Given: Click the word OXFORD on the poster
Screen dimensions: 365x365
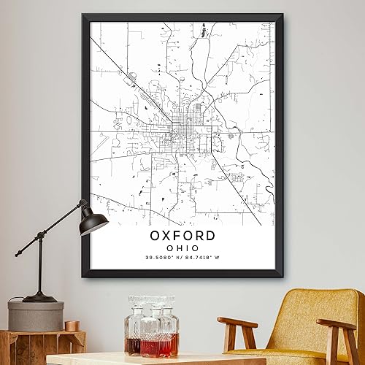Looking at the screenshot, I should tap(182, 236).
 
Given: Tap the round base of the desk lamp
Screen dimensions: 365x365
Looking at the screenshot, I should tap(39, 297).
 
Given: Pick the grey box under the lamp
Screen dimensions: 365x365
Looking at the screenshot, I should tap(36, 315).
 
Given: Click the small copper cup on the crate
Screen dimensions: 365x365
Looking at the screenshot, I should tap(71, 326).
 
